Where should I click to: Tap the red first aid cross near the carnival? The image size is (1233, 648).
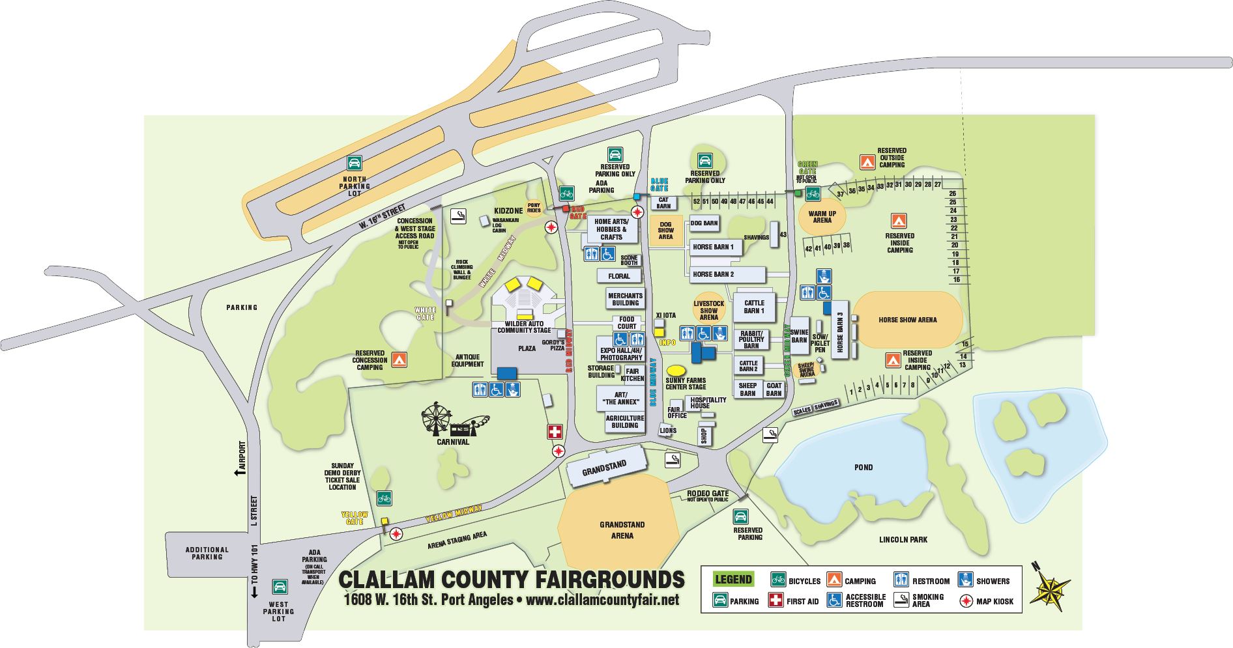[555, 432]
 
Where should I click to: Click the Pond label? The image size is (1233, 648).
[863, 468]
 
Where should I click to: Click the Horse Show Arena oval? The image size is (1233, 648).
[907, 320]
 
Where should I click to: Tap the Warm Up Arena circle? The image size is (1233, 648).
[822, 217]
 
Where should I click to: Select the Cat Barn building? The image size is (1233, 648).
[663, 203]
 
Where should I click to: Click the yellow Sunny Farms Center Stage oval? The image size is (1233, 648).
[676, 370]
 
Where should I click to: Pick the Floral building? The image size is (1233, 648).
[618, 276]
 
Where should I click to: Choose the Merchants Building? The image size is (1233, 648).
[625, 300]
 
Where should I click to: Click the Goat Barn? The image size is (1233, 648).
[774, 389]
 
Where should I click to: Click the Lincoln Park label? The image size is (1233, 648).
[903, 539]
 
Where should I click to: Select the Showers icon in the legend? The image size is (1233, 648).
[965, 580]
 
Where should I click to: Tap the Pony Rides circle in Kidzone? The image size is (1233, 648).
[534, 208]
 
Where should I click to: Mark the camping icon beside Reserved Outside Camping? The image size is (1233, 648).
[866, 162]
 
